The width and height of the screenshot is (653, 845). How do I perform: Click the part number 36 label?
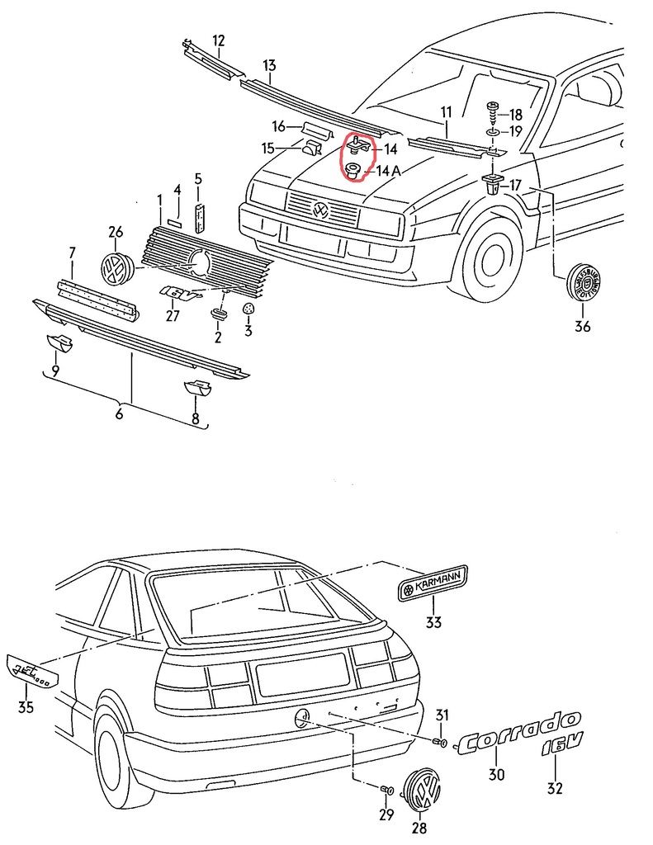583,326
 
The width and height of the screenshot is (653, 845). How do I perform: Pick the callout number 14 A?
388,171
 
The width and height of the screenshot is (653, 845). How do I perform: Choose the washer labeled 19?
491,132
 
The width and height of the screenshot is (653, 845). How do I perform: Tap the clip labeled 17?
493,183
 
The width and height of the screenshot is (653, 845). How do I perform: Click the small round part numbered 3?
248,309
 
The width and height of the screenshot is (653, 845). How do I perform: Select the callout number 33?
433,621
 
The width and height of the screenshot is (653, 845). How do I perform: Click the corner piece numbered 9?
57,342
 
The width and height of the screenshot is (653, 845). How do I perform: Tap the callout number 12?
218,40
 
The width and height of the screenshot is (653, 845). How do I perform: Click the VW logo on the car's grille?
319,211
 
